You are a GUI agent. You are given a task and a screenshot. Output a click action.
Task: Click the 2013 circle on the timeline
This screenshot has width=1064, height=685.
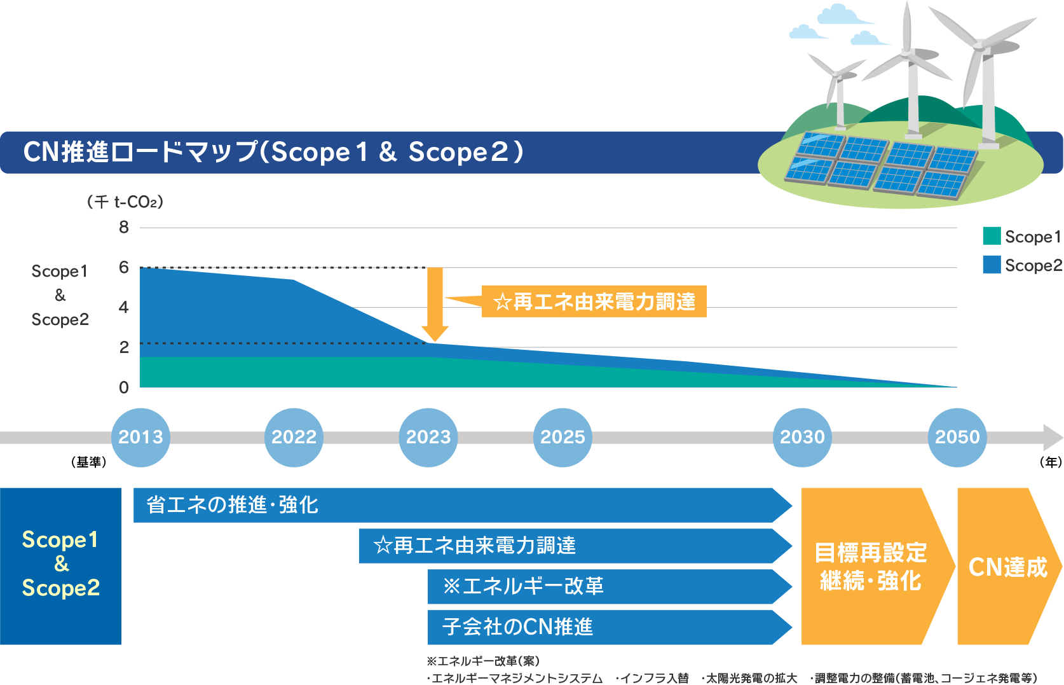(x=140, y=438)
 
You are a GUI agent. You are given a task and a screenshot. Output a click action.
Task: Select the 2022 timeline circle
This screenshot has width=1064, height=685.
(x=294, y=438)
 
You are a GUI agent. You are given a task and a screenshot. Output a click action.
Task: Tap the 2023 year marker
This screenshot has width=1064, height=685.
(x=428, y=438)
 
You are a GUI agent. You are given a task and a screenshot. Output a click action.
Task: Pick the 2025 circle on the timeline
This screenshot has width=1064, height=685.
(x=563, y=438)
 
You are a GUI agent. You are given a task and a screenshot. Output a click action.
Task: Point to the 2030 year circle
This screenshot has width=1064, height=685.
(x=802, y=438)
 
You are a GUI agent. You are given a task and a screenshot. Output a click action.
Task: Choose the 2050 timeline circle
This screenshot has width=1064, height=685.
(x=957, y=438)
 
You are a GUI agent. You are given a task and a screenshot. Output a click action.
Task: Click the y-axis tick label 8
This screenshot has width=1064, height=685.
(x=124, y=227)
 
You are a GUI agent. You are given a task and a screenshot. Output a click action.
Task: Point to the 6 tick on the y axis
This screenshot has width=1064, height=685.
(x=124, y=267)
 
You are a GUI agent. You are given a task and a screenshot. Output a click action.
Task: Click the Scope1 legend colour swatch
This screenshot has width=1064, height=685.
(x=992, y=236)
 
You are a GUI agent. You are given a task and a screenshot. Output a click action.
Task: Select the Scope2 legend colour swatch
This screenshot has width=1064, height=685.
(x=992, y=265)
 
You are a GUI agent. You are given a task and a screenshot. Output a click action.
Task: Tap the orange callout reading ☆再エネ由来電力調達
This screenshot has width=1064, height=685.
(x=594, y=301)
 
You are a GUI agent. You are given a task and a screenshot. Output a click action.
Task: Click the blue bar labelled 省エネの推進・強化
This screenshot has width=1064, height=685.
(x=463, y=505)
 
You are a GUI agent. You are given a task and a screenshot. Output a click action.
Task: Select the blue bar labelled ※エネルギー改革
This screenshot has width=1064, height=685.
(x=610, y=586)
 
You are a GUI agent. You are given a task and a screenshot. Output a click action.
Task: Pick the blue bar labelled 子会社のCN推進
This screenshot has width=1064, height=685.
(x=610, y=627)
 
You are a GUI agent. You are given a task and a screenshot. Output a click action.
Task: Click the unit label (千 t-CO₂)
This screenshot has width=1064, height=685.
(x=125, y=202)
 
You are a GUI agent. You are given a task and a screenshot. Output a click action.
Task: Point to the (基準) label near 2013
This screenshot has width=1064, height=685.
(x=89, y=462)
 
